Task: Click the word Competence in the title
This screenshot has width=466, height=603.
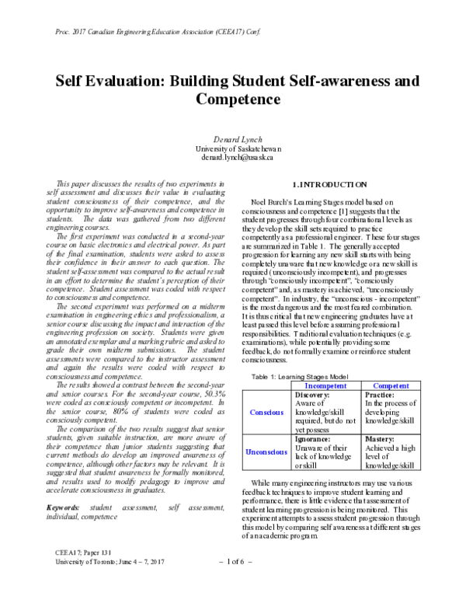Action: (233, 100)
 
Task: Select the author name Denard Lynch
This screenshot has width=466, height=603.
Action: (233, 137)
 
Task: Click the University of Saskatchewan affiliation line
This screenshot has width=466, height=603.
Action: (233, 147)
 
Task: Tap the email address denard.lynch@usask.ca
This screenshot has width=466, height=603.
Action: (233, 156)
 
